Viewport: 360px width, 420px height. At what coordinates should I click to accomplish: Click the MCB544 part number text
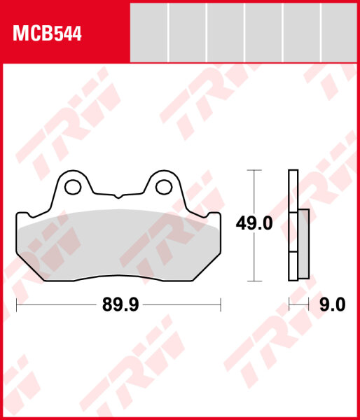46,33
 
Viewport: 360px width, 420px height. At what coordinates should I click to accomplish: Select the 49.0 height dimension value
254,225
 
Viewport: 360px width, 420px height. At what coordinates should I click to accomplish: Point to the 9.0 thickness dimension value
332,305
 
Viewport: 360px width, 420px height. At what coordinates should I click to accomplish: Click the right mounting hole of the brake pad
164,186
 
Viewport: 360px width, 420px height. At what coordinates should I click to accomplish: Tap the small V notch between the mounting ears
118,194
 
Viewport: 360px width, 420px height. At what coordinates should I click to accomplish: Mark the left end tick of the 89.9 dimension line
16,305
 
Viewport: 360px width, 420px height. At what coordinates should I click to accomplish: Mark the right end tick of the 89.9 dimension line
221,305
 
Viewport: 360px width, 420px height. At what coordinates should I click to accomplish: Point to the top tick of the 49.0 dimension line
254,170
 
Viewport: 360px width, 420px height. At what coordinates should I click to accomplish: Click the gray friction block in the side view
303,241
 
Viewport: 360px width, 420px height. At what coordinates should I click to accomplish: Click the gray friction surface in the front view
118,245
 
